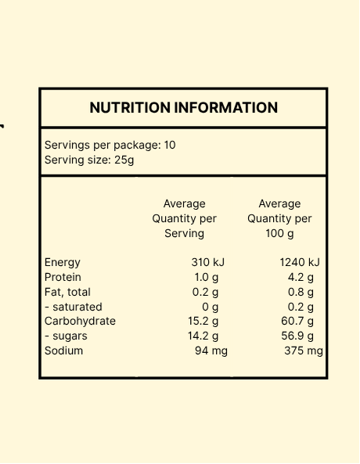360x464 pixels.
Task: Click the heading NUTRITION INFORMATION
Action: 184,107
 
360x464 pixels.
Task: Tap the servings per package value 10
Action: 170,145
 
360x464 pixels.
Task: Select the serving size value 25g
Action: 124,160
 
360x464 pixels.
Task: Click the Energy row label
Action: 63,263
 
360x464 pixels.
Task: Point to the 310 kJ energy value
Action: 208,262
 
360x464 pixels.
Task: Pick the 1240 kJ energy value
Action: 300,262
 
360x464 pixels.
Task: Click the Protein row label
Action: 63,277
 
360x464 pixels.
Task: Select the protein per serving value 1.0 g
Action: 207,278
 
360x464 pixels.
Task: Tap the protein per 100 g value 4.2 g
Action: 301,278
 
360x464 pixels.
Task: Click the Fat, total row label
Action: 67,292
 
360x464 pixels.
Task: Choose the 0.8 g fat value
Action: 301,293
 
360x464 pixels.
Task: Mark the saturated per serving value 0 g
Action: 211,308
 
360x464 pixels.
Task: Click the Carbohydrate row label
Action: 80,321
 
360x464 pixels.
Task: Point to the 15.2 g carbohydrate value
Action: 203,322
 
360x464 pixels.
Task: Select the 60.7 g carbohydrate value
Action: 297,322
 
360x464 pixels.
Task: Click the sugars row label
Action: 66,336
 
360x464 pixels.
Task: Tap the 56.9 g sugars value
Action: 297,336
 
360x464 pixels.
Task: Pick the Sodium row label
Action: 63,351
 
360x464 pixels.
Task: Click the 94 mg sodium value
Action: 211,351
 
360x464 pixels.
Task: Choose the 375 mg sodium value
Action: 304,351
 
